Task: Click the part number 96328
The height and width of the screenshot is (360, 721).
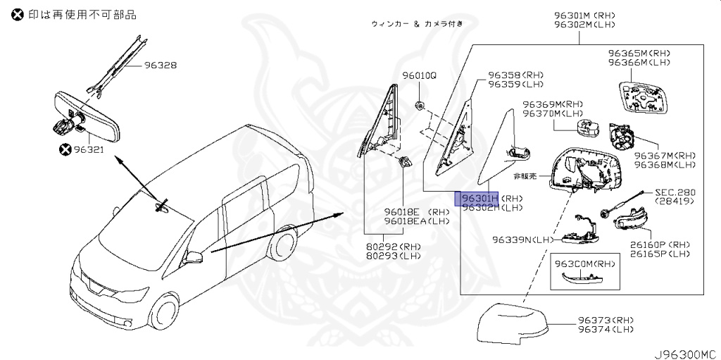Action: [161, 66]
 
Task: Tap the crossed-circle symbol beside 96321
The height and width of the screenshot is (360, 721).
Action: [65, 149]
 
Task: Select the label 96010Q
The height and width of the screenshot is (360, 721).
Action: [420, 75]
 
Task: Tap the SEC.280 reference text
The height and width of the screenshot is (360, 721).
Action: [675, 192]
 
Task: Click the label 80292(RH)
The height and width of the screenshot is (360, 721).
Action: [393, 246]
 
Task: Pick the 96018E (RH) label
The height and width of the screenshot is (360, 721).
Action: [416, 211]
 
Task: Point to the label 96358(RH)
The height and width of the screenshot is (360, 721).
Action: [516, 75]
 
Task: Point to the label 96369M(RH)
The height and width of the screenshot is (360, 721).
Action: [553, 104]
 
